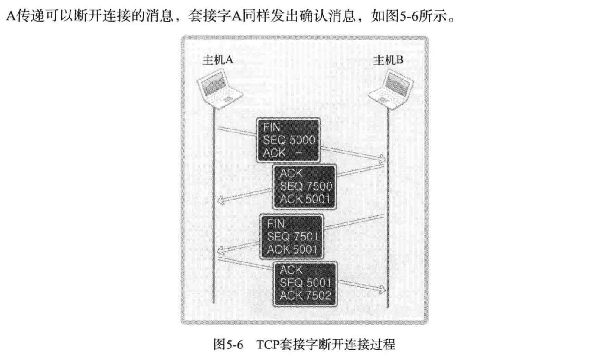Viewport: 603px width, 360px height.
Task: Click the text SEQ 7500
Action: [x=306, y=187]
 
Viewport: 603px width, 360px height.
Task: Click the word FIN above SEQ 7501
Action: [x=275, y=224]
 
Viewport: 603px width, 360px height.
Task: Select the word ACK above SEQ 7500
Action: [x=291, y=174]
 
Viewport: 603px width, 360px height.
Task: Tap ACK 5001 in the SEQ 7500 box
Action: [x=306, y=199]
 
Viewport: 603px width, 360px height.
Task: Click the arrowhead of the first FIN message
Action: [x=382, y=160]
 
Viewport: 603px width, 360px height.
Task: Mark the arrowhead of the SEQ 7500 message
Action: [x=220, y=200]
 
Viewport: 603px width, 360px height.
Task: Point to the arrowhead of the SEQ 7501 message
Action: [x=220, y=250]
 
